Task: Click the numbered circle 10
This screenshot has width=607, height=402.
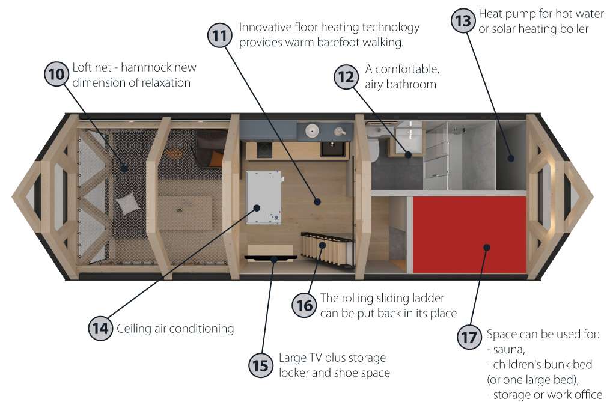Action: point(56,75)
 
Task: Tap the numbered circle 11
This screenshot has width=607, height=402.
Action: point(220,35)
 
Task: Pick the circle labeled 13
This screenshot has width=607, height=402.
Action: point(463,21)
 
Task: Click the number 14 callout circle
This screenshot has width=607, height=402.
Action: point(100,328)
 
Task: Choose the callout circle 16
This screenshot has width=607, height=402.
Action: point(305,305)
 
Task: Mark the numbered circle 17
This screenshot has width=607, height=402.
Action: point(469,337)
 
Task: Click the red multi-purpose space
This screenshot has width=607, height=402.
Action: point(469,234)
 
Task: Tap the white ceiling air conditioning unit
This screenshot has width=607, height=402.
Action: point(263,196)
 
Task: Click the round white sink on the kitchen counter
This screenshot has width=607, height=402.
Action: point(311,130)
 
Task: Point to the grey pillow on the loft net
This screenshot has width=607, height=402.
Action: point(129,205)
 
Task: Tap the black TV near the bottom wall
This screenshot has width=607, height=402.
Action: point(271,258)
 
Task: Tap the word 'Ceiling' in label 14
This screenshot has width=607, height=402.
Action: point(135,329)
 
